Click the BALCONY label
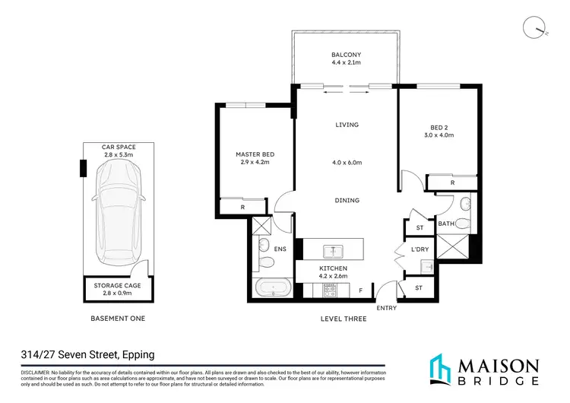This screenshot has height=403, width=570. [x=346, y=55]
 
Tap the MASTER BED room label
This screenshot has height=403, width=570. [x=255, y=154]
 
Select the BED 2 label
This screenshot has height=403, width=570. [x=438, y=127]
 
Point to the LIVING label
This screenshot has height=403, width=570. [x=347, y=125]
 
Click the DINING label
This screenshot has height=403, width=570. [x=347, y=201]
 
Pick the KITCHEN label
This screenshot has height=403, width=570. [x=334, y=268]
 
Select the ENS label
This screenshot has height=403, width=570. [x=260, y=249]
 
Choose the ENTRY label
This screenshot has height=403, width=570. [x=388, y=307]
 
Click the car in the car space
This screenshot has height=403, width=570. [x=118, y=214]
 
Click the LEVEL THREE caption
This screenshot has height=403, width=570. [x=344, y=319]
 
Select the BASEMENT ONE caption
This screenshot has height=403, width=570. [x=118, y=319]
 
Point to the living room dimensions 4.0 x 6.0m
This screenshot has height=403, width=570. [x=347, y=163]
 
